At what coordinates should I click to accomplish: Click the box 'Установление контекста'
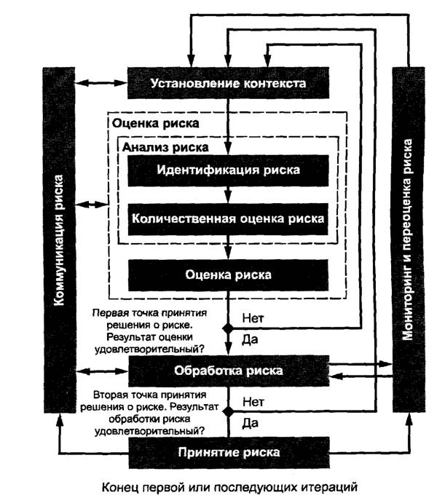click(x=228, y=82)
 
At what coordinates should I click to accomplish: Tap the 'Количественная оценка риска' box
click(x=228, y=217)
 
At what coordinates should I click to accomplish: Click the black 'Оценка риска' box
click(x=228, y=274)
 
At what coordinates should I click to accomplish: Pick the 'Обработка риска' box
click(x=228, y=371)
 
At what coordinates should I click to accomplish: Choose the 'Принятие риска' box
click(x=228, y=451)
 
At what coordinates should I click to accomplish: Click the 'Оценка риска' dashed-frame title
click(x=156, y=123)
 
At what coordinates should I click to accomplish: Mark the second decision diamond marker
click(x=228, y=411)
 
